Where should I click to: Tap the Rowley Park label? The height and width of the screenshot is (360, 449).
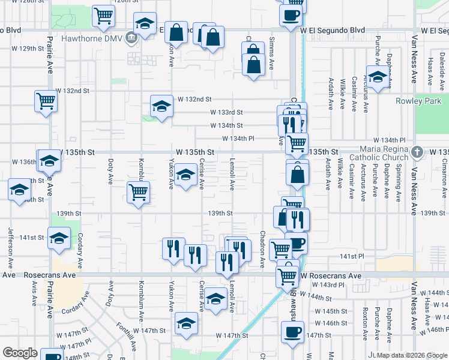[418, 101]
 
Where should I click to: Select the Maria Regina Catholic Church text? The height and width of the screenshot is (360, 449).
[384, 153]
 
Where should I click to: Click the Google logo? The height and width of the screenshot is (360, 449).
[20, 353]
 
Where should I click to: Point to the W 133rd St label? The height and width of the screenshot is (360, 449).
[226, 112]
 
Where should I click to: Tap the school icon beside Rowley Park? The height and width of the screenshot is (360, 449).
[378, 78]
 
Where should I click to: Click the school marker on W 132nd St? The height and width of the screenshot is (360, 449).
[161, 106]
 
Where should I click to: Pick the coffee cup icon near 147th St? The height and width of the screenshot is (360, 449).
[293, 331]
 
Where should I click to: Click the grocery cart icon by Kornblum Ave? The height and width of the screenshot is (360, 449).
[139, 192]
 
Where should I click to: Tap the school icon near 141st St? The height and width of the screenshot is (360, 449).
[59, 239]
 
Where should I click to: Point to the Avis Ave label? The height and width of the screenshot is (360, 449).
[32, 293]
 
